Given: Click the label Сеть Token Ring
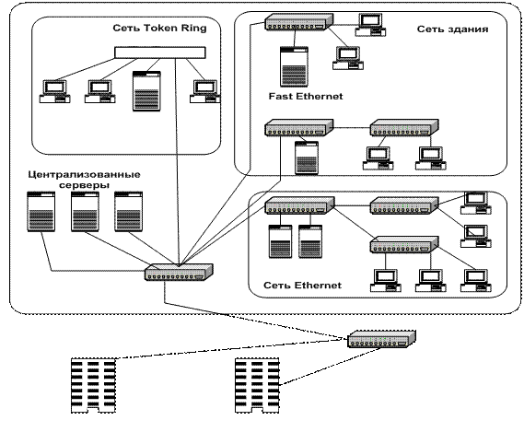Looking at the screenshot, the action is (159, 28).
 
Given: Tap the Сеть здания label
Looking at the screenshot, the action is (452, 29).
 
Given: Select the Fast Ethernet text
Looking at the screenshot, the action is (306, 97).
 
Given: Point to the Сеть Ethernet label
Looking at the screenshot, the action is (302, 286).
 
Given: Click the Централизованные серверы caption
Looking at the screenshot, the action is (84, 180).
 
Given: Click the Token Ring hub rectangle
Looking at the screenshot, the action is (160, 53).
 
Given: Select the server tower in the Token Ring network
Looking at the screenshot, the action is (146, 91).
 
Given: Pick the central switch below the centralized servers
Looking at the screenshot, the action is (179, 272).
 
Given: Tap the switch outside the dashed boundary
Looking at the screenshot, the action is (381, 339).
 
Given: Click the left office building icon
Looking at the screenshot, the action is (93, 386).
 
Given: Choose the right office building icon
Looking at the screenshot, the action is (257, 386).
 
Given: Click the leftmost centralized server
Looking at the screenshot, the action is (41, 212).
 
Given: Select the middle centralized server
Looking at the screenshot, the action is (85, 212).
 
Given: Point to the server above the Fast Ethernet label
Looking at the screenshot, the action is (294, 67).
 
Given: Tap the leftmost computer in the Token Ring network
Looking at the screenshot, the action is (55, 91).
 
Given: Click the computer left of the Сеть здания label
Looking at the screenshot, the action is (370, 25).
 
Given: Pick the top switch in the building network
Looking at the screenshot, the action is (299, 22).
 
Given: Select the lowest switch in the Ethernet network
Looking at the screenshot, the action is (404, 245).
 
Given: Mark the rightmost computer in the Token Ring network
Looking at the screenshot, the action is (205, 91).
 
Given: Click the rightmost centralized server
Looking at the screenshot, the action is (129, 212).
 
